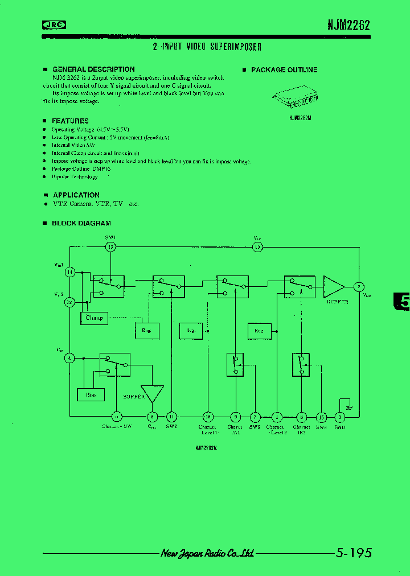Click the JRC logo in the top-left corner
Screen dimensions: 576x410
[55, 24]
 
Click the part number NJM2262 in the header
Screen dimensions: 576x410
[348, 25]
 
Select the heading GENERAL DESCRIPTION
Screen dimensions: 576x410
[93, 69]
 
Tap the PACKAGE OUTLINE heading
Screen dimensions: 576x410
[284, 70]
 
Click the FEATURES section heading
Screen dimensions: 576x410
[70, 121]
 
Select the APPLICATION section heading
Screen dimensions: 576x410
[76, 195]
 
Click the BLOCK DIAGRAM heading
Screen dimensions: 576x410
[81, 223]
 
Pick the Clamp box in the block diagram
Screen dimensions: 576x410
[94, 318]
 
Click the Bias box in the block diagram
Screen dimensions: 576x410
[91, 394]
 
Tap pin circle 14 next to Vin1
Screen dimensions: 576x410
[70, 273]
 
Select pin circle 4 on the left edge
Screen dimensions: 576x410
[69, 358]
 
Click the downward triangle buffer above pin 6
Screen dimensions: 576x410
[152, 393]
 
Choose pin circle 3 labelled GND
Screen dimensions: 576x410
[339, 417]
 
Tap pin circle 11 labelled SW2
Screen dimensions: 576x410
[171, 417]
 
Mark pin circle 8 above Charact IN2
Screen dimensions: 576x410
[301, 417]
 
